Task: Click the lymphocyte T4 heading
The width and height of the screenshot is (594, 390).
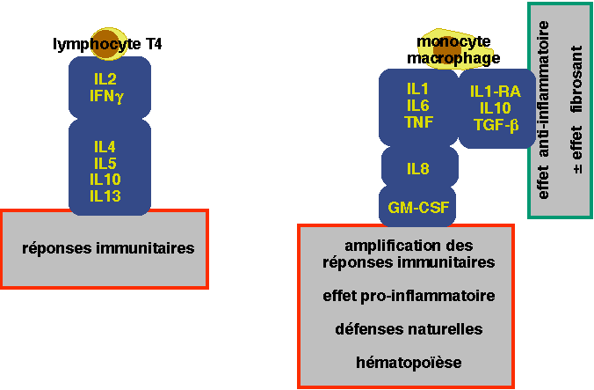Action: coord(107,43)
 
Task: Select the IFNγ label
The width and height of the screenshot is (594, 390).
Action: coord(108,94)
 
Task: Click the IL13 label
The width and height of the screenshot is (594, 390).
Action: coord(106,195)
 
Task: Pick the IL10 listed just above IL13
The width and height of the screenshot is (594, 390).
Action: coord(106,179)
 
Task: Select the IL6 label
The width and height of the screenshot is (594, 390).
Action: coord(418,106)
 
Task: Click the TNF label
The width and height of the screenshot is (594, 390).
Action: coord(418,122)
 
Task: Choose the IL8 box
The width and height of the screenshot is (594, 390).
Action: coord(418,167)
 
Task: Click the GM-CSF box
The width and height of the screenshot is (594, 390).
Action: coord(418,208)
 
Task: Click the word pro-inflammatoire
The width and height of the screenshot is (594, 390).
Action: coord(426,296)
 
